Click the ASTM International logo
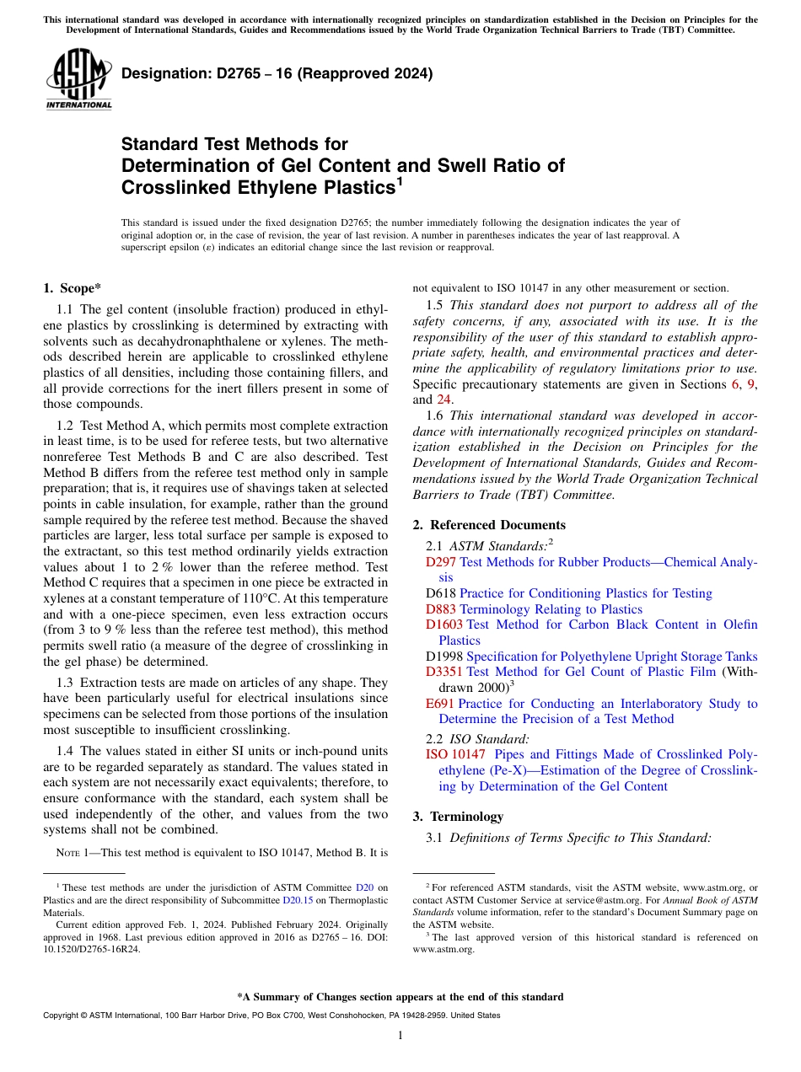click(78, 81)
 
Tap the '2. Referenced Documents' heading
click(489, 524)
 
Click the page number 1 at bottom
click(400, 1036)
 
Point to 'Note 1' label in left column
click(73, 852)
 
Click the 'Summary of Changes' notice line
click(400, 996)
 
